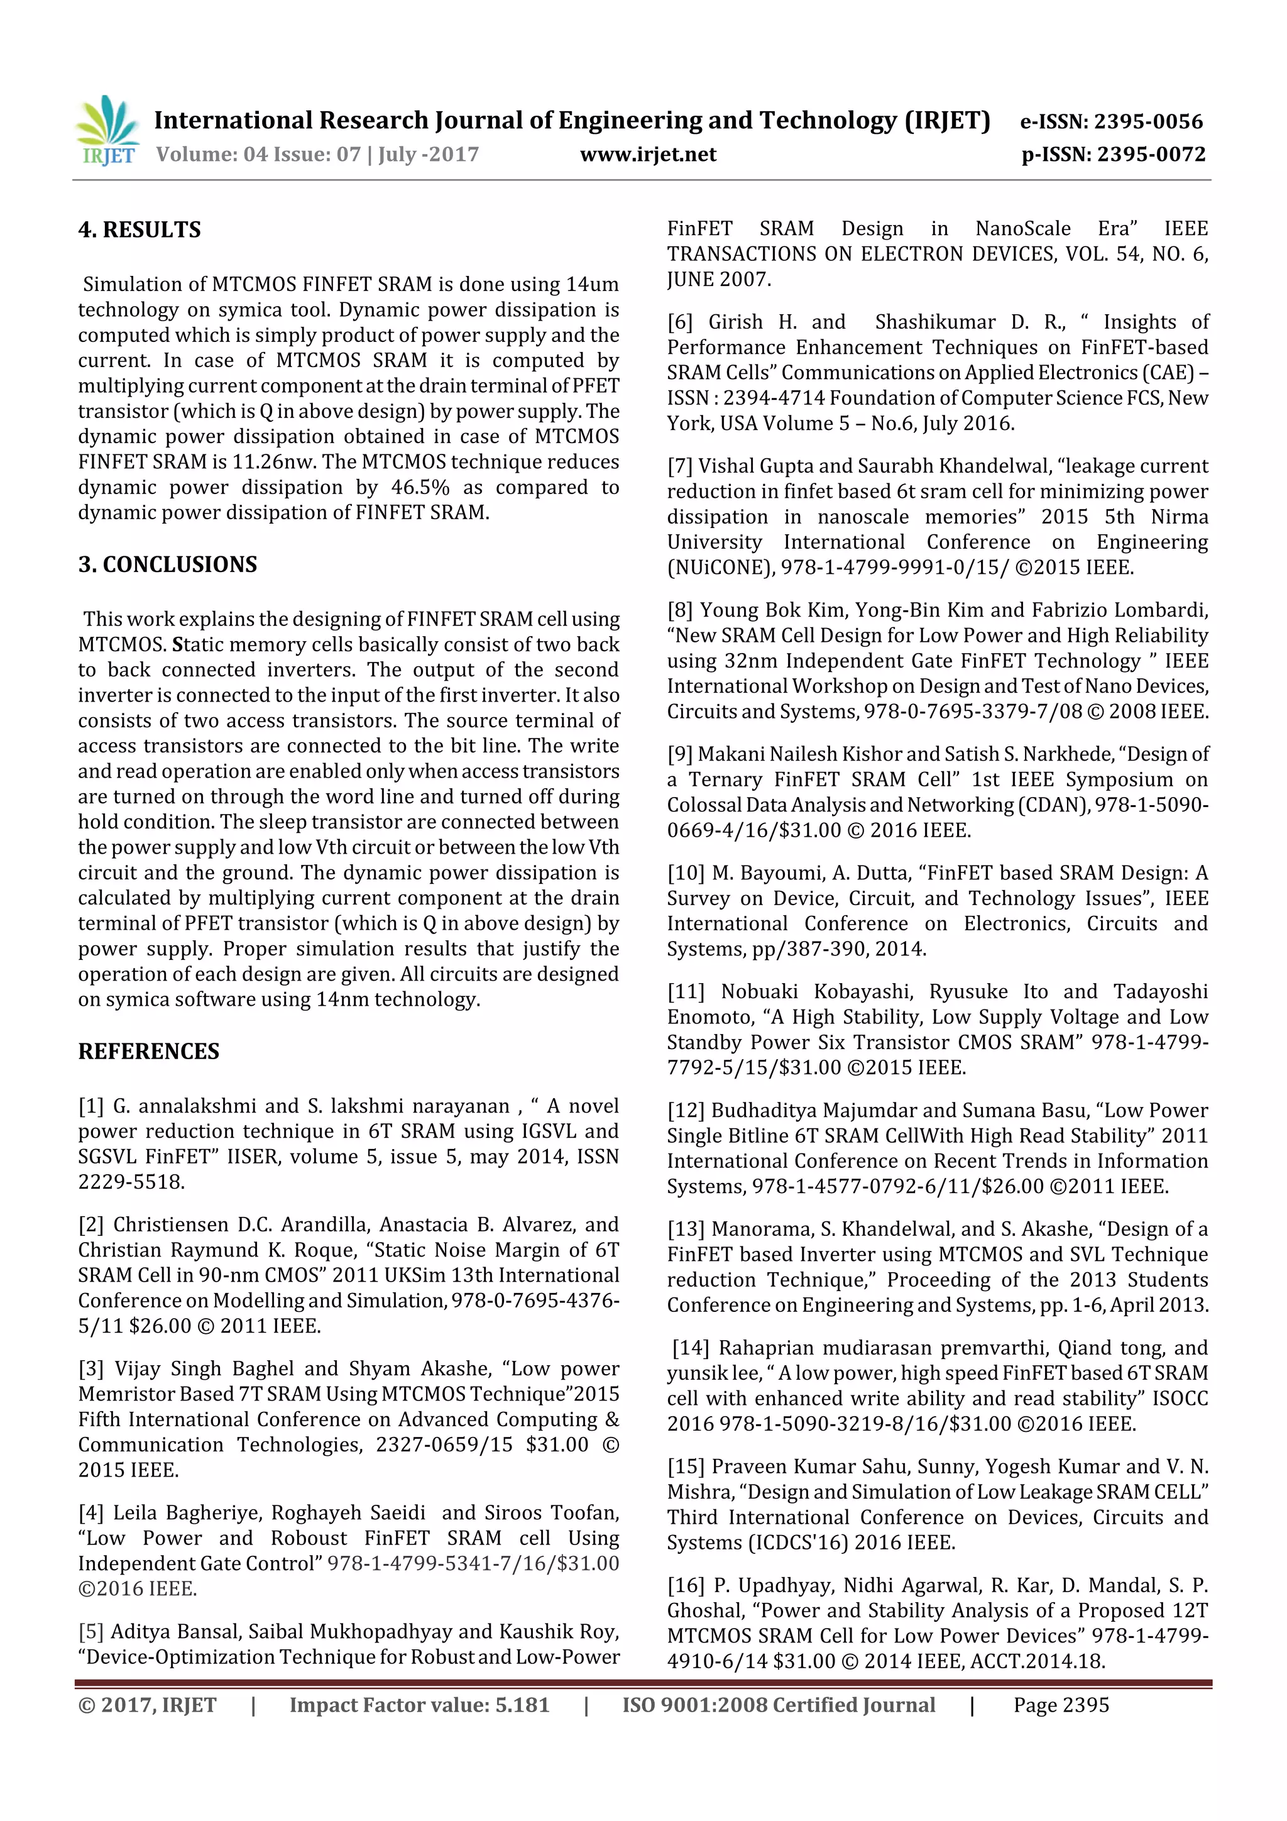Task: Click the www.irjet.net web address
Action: coord(648,155)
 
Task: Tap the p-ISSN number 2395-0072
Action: coord(1151,155)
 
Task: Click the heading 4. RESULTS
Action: coord(140,230)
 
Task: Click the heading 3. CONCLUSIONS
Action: coord(167,564)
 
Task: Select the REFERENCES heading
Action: coord(148,1052)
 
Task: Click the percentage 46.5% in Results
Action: coord(420,487)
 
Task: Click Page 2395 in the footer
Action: coord(1060,1705)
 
